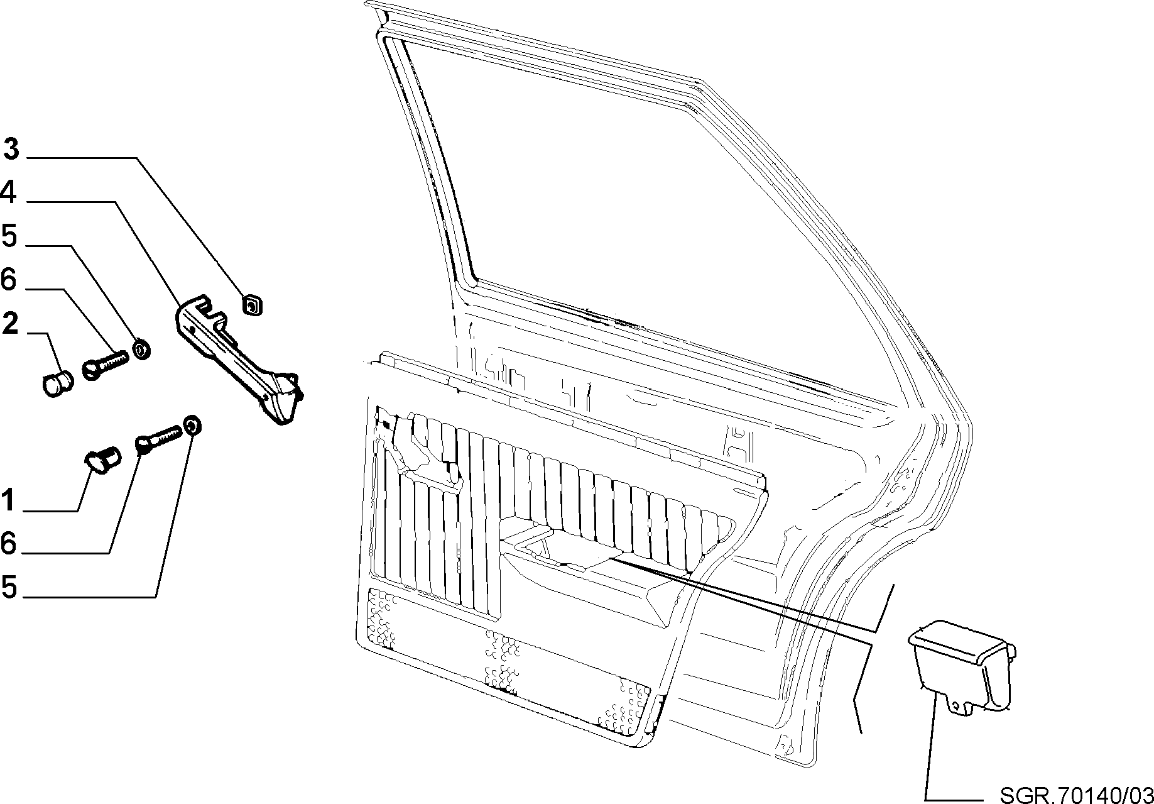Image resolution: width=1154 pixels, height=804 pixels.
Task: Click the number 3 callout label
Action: pyautogui.click(x=12, y=150)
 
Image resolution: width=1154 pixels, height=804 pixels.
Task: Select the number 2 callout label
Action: pyautogui.click(x=10, y=323)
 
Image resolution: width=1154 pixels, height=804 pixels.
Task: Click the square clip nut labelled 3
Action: pyautogui.click(x=253, y=306)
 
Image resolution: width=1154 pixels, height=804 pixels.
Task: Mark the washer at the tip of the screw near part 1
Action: pyautogui.click(x=193, y=425)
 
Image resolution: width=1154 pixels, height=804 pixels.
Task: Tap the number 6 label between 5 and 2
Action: pyautogui.click(x=8, y=279)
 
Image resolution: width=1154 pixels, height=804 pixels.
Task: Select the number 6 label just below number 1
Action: pyautogui.click(x=8, y=544)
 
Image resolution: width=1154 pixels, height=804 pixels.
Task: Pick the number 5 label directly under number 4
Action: pyautogui.click(x=9, y=236)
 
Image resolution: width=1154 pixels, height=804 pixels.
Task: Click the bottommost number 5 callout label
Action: pyautogui.click(x=9, y=587)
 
